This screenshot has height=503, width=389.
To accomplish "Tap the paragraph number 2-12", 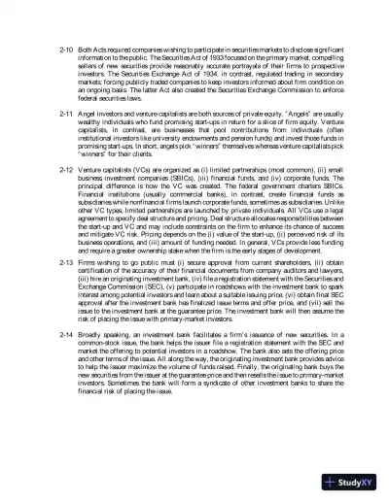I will (x=67, y=171).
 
